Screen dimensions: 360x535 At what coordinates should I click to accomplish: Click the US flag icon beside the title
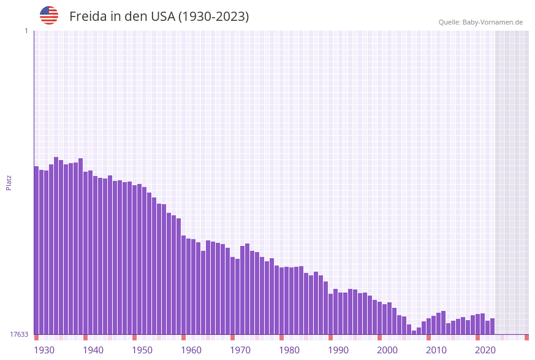(49, 15)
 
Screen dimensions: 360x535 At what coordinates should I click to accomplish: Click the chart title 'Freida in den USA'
(159, 17)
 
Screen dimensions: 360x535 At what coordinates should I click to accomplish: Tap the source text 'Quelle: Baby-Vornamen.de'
(480, 22)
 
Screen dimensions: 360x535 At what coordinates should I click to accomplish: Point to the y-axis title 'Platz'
(9, 182)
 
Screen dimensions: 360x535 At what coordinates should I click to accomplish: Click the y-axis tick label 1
(26, 31)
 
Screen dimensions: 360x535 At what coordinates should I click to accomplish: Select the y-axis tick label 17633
(18, 334)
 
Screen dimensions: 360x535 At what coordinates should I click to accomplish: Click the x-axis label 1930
(44, 350)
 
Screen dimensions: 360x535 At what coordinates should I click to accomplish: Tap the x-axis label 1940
(93, 350)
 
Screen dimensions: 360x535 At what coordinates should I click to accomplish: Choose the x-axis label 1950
(142, 350)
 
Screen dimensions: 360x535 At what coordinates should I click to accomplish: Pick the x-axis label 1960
(191, 350)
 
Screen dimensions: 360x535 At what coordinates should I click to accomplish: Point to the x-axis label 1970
(240, 350)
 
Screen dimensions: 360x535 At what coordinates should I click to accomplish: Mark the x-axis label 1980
(289, 350)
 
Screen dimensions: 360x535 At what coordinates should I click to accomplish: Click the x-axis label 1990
(338, 350)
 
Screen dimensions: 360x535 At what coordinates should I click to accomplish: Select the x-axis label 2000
(387, 350)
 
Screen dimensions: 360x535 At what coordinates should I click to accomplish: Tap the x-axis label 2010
(436, 350)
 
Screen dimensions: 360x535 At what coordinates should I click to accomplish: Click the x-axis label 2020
(485, 350)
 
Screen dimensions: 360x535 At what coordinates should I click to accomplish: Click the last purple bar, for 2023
(492, 326)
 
